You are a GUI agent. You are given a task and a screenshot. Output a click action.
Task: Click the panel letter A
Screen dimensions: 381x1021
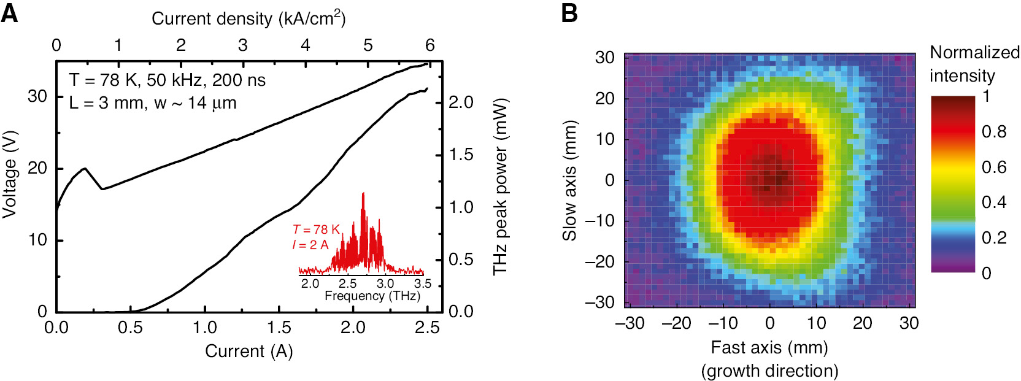(9, 12)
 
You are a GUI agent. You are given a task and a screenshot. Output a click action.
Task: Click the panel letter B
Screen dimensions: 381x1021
(569, 12)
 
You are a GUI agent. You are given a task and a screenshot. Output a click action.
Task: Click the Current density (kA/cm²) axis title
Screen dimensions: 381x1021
(249, 18)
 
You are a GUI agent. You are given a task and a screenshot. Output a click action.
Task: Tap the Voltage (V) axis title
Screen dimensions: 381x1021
(9, 174)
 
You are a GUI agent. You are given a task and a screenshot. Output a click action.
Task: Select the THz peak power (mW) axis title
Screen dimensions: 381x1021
(501, 186)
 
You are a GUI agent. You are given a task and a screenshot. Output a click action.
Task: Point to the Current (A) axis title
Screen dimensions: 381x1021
(249, 351)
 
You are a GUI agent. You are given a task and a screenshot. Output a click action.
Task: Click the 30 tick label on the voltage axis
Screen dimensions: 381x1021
(37, 96)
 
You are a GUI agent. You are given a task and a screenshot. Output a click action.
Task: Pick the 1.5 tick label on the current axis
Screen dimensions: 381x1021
(279, 328)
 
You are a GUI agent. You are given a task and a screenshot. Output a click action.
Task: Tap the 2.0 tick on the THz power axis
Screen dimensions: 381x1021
(461, 102)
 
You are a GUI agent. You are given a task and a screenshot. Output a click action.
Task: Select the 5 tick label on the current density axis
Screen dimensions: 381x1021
(368, 45)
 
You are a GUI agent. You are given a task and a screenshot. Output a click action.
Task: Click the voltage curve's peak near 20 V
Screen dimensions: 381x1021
(85, 168)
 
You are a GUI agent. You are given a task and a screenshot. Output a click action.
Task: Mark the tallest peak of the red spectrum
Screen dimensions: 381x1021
(363, 194)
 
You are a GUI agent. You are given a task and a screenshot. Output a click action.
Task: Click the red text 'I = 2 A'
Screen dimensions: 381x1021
(310, 245)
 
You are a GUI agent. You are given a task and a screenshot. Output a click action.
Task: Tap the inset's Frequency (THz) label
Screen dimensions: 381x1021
(372, 296)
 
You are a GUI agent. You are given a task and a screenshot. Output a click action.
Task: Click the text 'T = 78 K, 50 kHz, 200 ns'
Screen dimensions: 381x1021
(167, 80)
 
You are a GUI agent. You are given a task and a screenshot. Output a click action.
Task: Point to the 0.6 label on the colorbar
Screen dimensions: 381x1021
(993, 167)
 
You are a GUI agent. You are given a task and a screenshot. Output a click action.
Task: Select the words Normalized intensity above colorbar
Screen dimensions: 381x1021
(974, 64)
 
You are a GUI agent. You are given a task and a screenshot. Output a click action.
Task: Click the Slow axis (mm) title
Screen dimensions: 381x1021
(570, 180)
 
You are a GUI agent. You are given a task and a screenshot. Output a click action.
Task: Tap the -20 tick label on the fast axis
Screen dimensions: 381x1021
(676, 323)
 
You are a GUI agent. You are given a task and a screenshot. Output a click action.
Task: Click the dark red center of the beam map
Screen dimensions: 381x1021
(774, 176)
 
